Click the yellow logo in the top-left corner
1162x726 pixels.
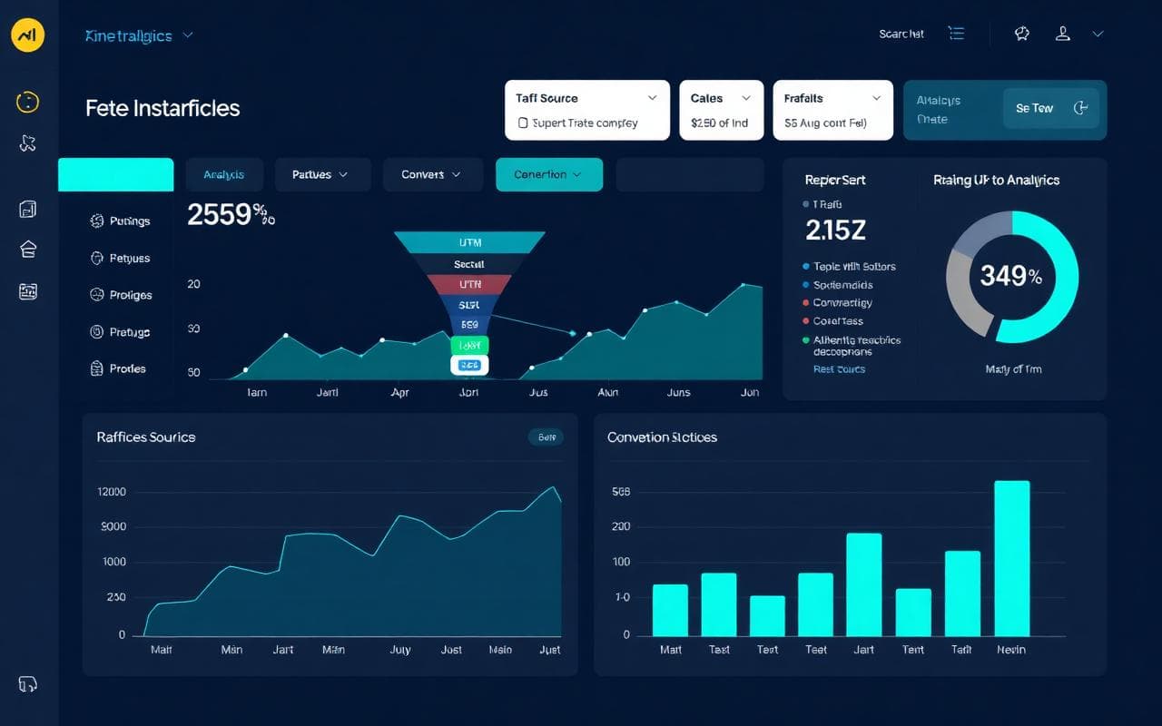[28, 35]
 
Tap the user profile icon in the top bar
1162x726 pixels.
[1062, 34]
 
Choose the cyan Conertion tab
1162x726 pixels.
[548, 174]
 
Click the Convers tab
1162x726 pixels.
[430, 174]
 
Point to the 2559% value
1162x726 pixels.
[230, 215]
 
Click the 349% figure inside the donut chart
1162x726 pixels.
[1010, 276]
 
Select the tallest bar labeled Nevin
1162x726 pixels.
[1011, 557]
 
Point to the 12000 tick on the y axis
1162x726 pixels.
[111, 492]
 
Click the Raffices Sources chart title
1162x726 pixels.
[145, 437]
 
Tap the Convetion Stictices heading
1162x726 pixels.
[662, 437]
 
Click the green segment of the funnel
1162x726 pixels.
[469, 346]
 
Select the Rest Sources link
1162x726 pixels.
[839, 369]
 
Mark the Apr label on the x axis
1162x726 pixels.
[399, 393]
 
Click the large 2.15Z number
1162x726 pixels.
[835, 231]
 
